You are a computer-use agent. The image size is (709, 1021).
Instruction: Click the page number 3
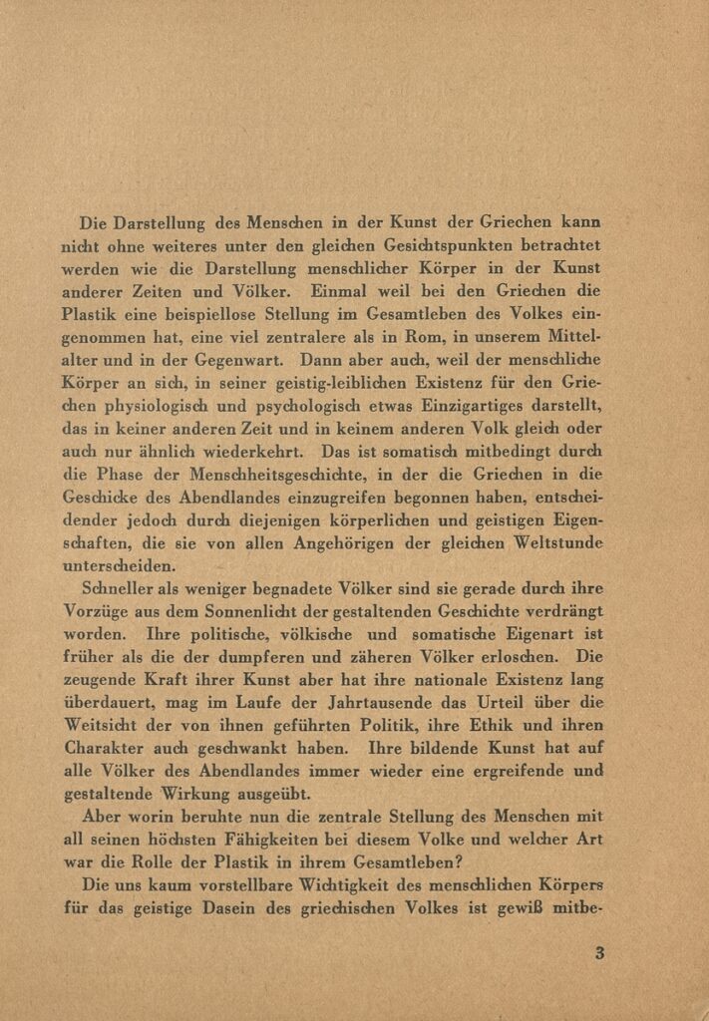coord(599,953)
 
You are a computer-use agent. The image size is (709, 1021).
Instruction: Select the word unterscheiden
coord(119,565)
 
